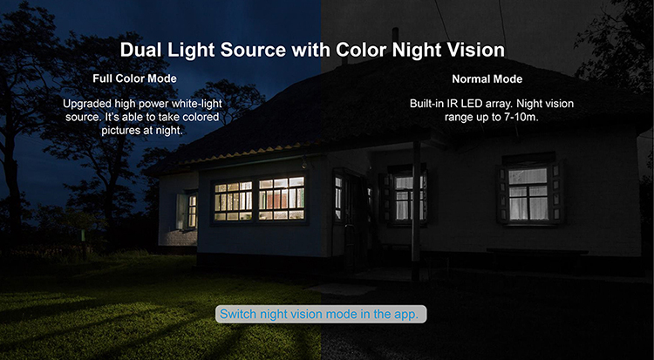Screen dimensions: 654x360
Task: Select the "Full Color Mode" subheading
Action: coord(134,78)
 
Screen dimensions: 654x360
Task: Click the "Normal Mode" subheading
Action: coord(487,78)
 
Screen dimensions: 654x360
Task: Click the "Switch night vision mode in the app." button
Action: coord(321,314)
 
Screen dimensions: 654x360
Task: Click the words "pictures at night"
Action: coord(141,130)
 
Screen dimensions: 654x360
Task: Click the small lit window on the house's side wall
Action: coord(193,211)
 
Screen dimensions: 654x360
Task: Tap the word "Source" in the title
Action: coord(253,50)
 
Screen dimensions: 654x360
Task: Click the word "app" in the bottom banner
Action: coord(405,315)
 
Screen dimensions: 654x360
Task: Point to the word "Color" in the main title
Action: coord(361,50)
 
